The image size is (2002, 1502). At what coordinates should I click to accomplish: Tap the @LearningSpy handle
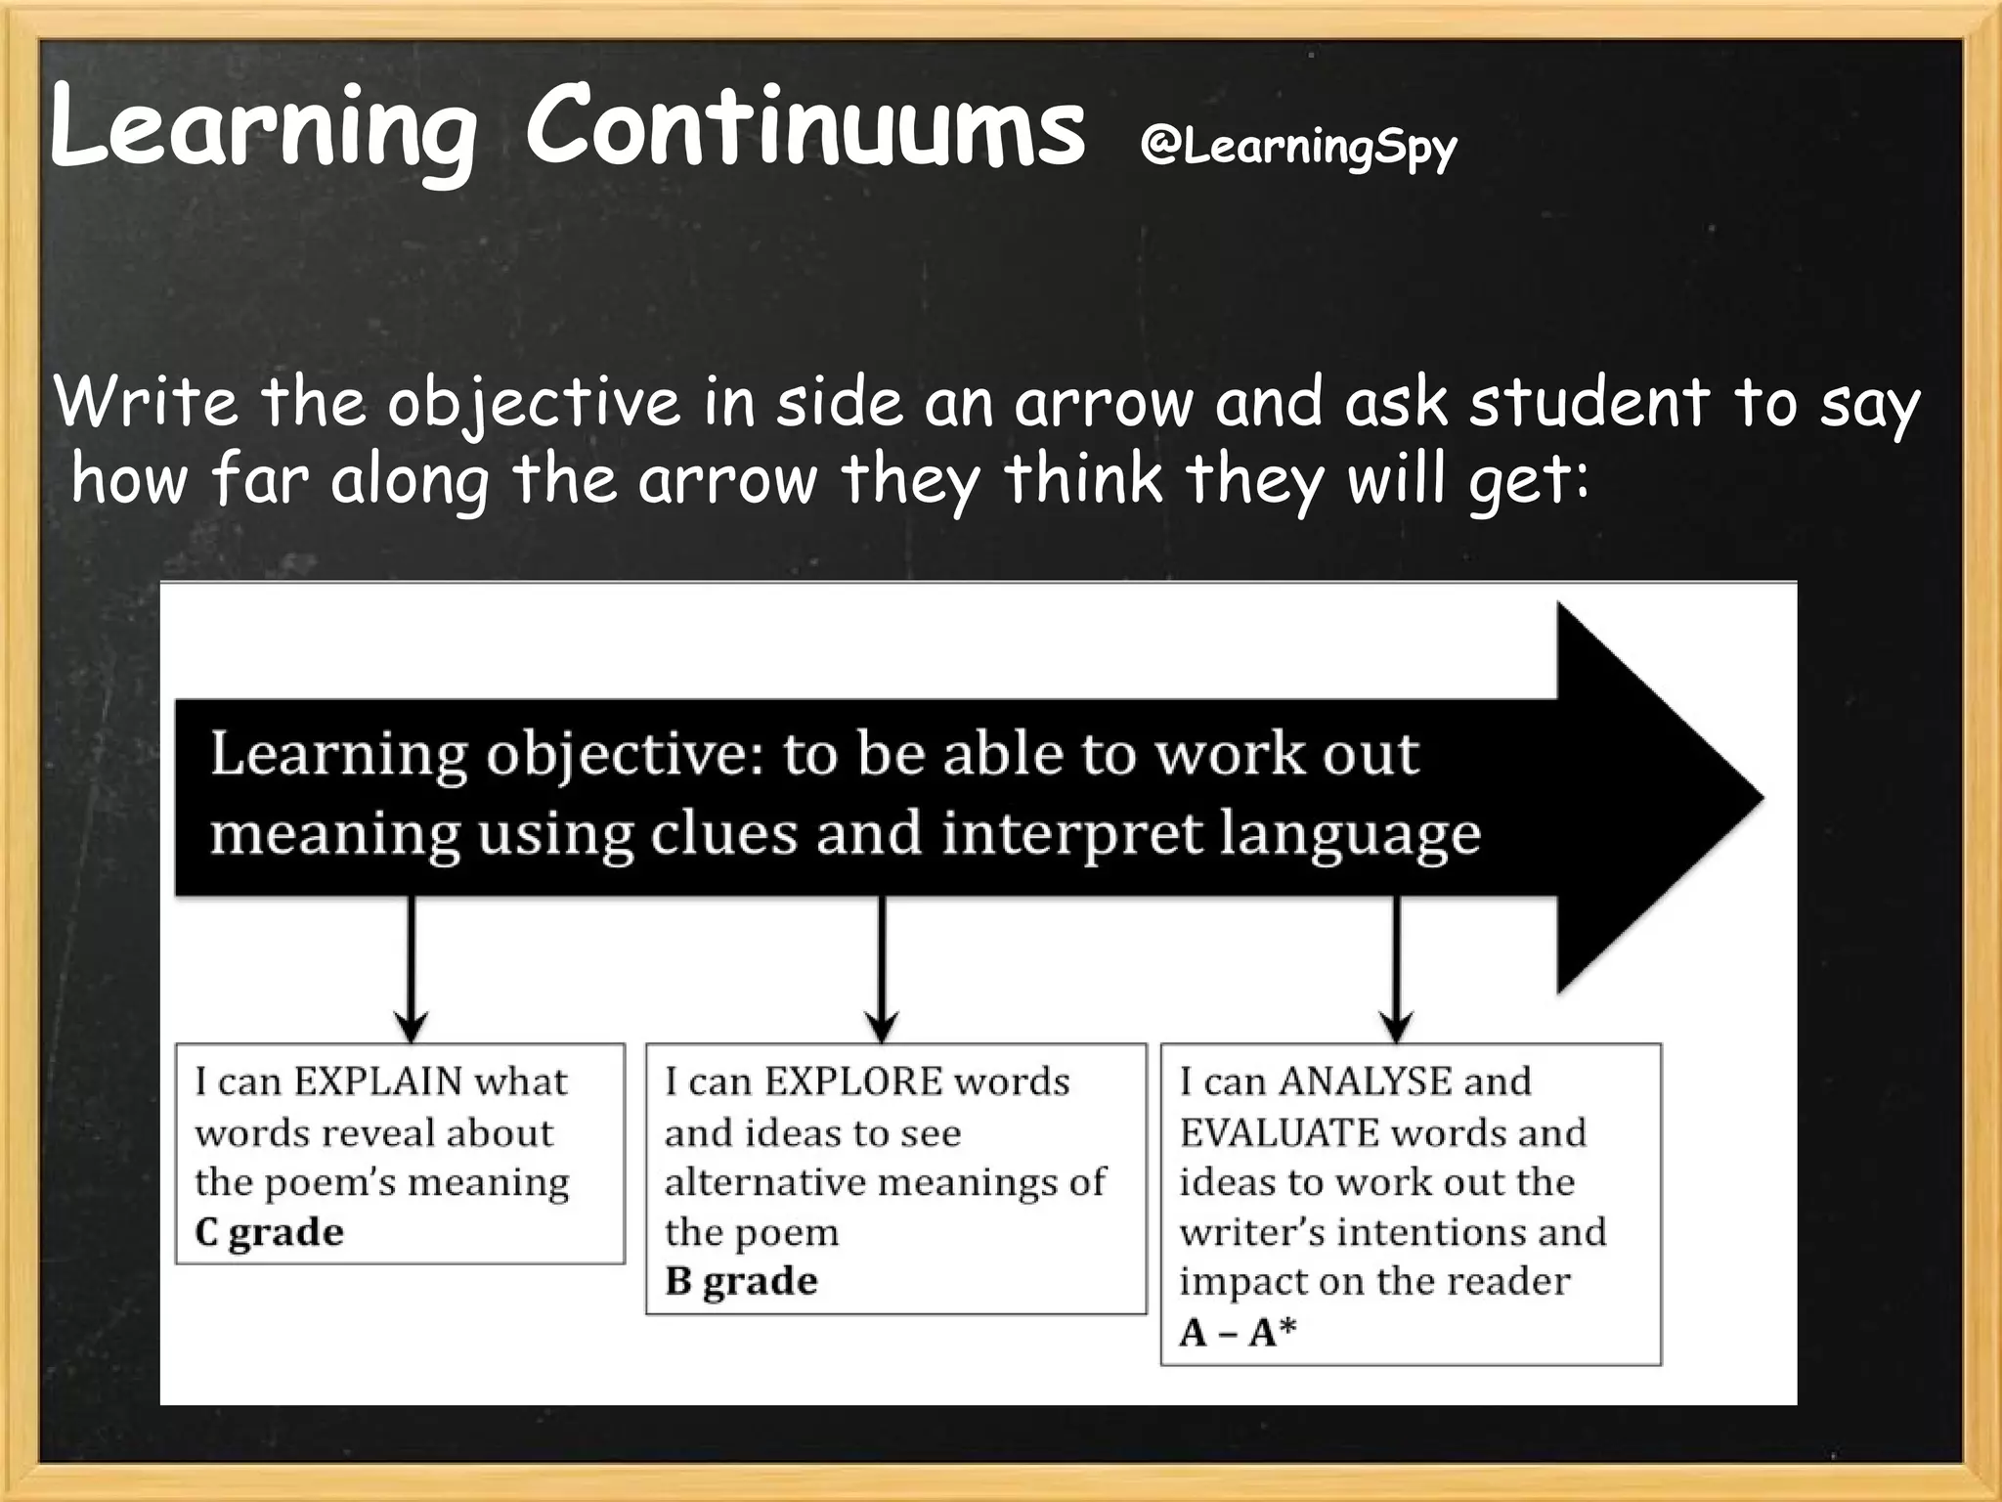coord(1298,147)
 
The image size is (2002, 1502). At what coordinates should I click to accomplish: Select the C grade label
coord(269,1231)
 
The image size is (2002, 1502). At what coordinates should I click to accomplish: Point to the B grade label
coord(741,1281)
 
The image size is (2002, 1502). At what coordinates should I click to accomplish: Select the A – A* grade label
coord(1238,1332)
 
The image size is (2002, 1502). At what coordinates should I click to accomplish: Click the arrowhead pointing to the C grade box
coord(412,1027)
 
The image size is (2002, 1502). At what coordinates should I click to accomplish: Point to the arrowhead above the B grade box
coord(882,1027)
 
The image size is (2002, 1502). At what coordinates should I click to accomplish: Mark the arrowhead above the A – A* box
coord(1397,1027)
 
